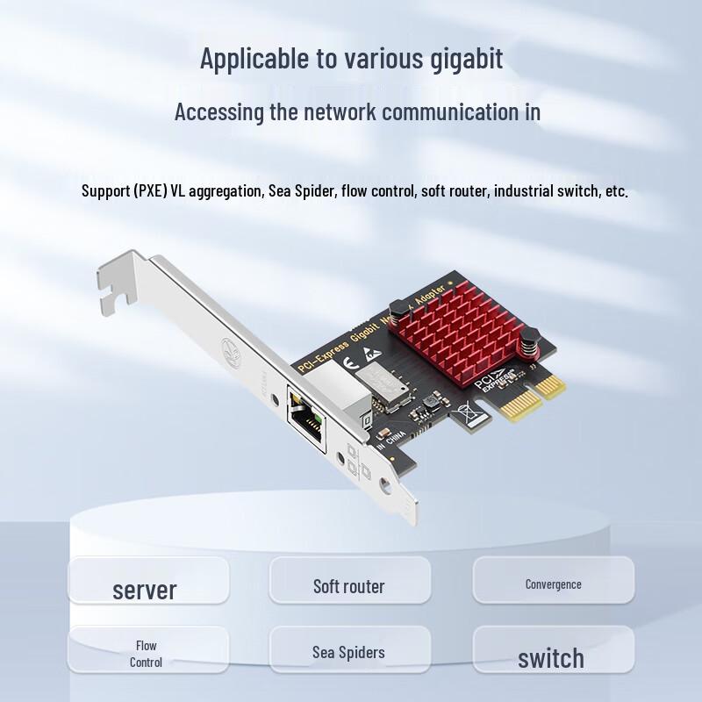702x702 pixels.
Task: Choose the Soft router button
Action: tap(349, 585)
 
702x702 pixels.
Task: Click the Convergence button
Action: tap(553, 584)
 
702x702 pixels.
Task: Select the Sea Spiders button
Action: tap(348, 652)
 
